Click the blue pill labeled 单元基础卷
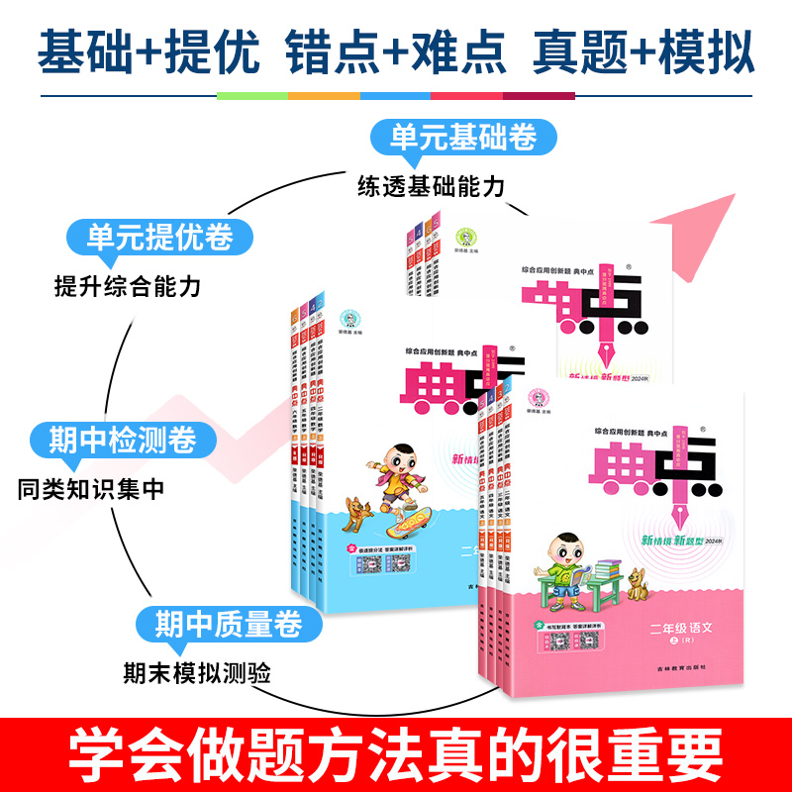coord(453,136)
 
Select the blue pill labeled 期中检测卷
coord(114,438)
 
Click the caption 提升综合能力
coord(128,287)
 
